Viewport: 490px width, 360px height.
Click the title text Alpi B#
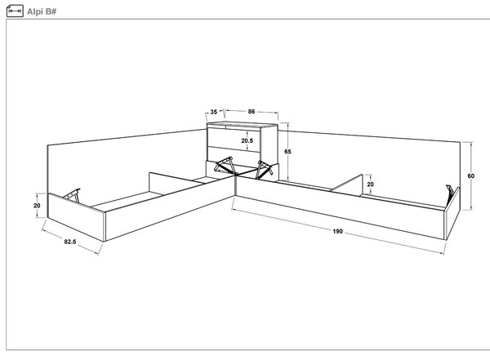tap(42, 11)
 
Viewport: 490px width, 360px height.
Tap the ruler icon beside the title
tap(15, 11)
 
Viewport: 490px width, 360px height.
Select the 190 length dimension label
tap(337, 231)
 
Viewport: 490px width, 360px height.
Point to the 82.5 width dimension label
tap(70, 242)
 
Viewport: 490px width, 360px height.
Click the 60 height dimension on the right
tap(471, 176)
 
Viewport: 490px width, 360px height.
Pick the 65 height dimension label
tap(287, 152)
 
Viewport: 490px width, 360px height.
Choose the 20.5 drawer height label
tap(247, 140)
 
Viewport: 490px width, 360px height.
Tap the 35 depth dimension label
tap(214, 112)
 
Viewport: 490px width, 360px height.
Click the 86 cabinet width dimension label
tap(252, 111)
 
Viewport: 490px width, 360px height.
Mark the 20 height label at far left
tap(37, 206)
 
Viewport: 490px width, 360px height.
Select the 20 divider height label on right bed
tap(370, 184)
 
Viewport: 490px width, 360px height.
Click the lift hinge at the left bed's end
tap(72, 195)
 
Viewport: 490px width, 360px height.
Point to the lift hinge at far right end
tap(450, 194)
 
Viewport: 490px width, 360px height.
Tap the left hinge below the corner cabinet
tap(225, 166)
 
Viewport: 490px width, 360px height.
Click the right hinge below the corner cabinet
tap(264, 170)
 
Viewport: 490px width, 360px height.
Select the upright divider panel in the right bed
tap(347, 184)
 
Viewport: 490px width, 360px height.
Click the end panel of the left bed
tap(76, 217)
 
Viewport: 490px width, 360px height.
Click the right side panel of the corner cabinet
tap(269, 144)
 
